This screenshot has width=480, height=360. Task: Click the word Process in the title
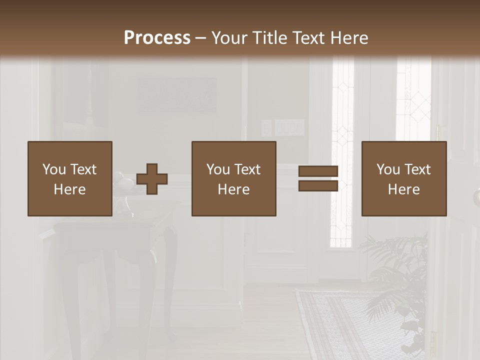[x=157, y=38]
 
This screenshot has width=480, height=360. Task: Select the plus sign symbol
[x=152, y=179]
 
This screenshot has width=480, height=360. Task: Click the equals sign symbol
[x=318, y=178]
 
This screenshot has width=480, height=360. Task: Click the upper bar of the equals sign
[x=318, y=171]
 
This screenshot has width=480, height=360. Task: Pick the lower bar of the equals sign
[x=318, y=186]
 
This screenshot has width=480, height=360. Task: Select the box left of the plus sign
[x=70, y=178]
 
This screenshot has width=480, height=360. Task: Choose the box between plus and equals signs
[x=233, y=178]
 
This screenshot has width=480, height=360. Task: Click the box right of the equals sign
[x=404, y=178]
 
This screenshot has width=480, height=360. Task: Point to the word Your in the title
[x=229, y=38]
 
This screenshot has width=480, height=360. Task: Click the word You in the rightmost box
[x=388, y=169]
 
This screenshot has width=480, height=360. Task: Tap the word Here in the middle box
[x=233, y=189]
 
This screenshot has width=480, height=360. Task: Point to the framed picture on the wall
[x=177, y=95]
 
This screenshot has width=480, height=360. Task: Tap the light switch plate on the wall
[x=289, y=128]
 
